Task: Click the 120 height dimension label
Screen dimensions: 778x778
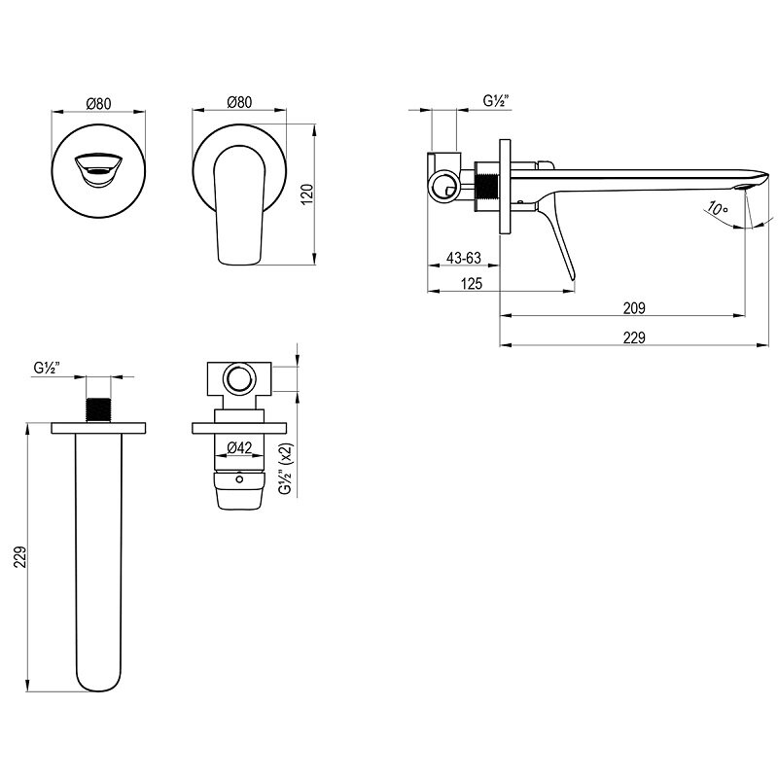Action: click(x=307, y=194)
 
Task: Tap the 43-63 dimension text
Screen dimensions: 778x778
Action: click(x=464, y=258)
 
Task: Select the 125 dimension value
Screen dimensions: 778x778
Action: click(x=472, y=283)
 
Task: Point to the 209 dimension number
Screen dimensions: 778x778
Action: click(x=634, y=308)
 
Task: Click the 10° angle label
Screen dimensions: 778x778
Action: click(x=718, y=208)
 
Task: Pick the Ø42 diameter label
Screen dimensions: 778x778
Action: click(x=239, y=447)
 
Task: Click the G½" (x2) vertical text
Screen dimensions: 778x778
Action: click(x=286, y=469)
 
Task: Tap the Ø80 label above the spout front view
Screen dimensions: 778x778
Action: click(x=98, y=104)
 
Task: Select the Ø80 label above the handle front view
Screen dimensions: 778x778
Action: click(x=239, y=102)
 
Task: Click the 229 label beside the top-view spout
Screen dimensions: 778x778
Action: click(x=19, y=557)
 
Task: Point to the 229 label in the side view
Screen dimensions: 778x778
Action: click(x=634, y=337)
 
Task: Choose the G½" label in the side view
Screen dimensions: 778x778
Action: click(x=496, y=101)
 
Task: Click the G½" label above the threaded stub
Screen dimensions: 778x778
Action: click(x=47, y=368)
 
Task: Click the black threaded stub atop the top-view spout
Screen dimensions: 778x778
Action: click(x=98, y=409)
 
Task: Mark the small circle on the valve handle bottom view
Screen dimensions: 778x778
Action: click(x=239, y=478)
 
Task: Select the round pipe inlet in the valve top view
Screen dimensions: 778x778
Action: click(x=239, y=379)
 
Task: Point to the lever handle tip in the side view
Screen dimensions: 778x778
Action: click(x=572, y=279)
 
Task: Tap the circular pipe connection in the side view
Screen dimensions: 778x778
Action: click(x=443, y=186)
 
